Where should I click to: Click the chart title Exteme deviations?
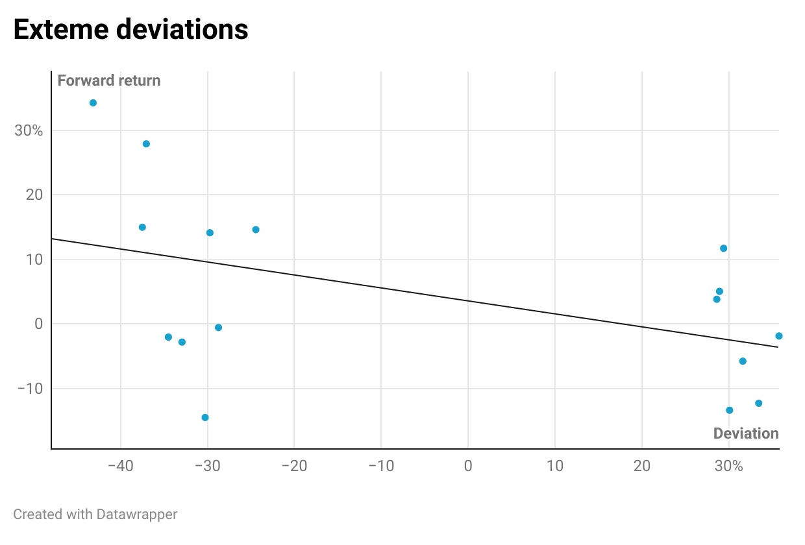130,30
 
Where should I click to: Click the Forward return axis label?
108,80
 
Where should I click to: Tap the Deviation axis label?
745,433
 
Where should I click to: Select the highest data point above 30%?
93,103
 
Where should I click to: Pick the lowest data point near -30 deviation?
205,417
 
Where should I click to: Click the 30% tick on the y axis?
29,130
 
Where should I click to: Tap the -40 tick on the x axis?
121,466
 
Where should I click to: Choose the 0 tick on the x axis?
468,466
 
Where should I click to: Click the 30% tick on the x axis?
729,466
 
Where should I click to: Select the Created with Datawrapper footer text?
95,515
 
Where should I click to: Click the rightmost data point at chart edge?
778,336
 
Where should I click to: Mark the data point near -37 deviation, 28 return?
146,144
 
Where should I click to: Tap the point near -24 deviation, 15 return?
256,230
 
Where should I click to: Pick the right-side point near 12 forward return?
723,248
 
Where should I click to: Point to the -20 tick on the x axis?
294,466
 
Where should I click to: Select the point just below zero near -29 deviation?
218,328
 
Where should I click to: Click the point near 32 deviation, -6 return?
743,361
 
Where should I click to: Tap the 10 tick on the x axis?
555,466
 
